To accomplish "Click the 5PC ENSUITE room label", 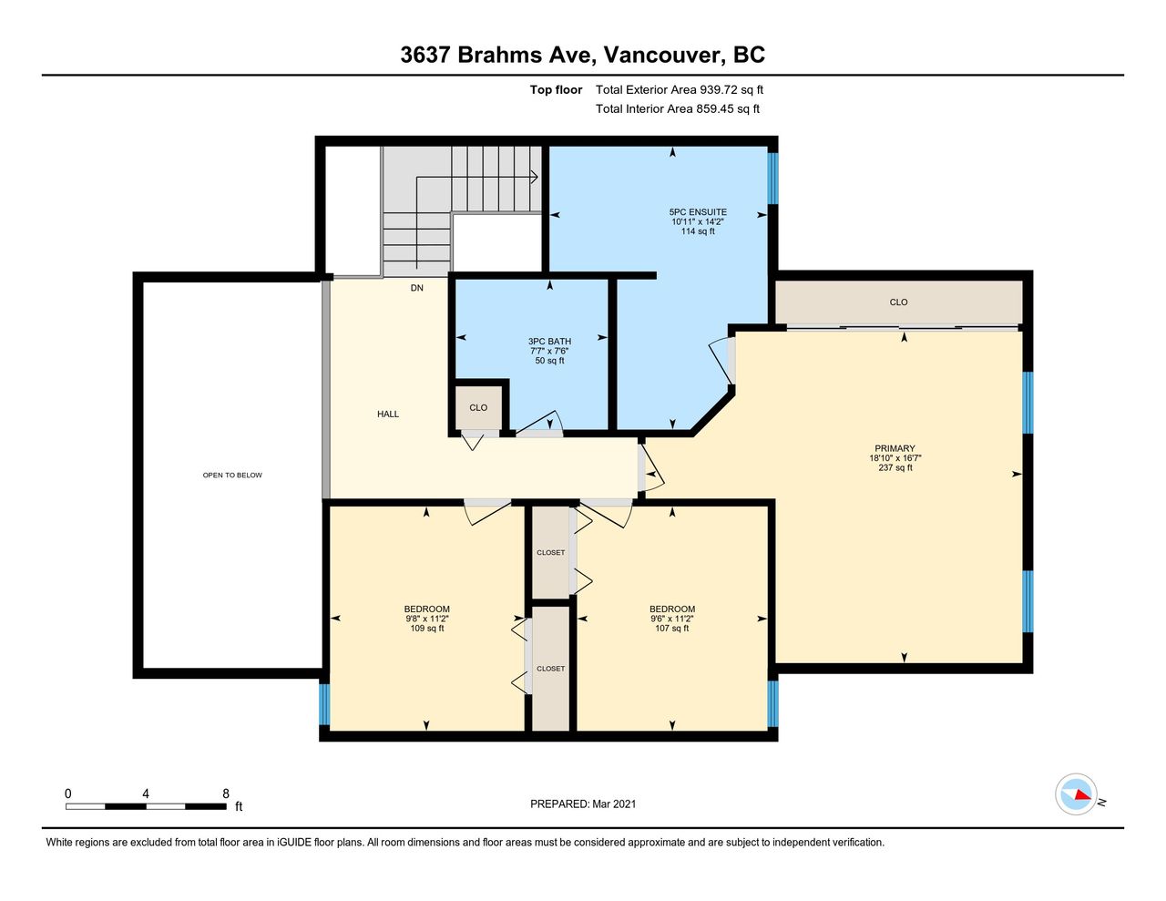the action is [x=698, y=212].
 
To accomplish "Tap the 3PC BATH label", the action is [x=549, y=342].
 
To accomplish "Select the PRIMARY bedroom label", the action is [x=895, y=448].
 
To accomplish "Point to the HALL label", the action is [x=388, y=414].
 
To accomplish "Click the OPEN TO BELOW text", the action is [x=232, y=475].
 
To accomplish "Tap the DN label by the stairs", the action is [x=417, y=288].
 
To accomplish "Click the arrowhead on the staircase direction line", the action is [x=535, y=177].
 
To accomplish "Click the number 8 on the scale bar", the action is [x=226, y=793].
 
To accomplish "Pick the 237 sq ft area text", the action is [x=895, y=467].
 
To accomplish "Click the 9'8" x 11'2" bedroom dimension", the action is [x=427, y=619].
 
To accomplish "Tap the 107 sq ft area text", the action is [x=671, y=628].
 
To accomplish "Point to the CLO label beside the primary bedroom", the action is [x=898, y=302].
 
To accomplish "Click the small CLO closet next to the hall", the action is [x=478, y=408].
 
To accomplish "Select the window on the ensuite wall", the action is [x=772, y=179].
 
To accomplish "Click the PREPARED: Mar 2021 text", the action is [x=583, y=804].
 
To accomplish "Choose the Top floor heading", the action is [x=556, y=89].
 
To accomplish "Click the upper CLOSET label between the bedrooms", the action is [x=550, y=552].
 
